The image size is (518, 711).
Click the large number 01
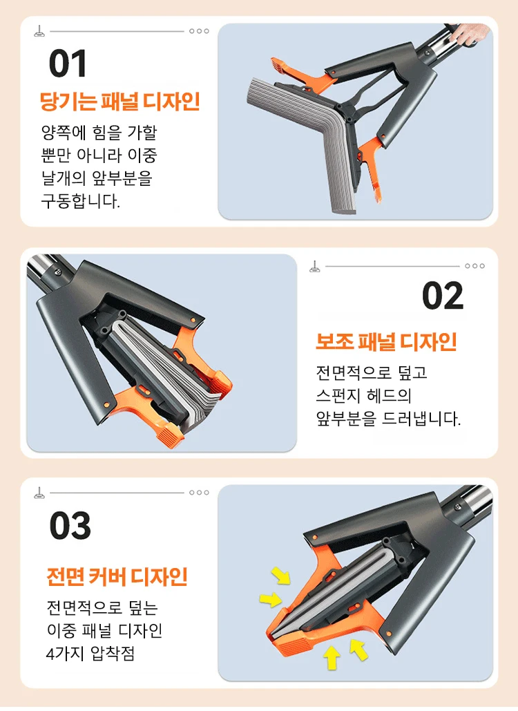click(x=68, y=64)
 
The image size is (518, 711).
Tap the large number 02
click(x=443, y=296)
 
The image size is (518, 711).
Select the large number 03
click(x=70, y=526)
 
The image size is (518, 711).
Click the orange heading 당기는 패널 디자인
click(x=120, y=101)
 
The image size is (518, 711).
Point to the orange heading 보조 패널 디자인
click(x=386, y=341)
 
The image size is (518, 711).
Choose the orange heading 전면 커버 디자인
click(x=117, y=576)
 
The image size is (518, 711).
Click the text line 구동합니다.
click(x=81, y=200)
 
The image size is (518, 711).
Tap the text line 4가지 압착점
click(x=90, y=654)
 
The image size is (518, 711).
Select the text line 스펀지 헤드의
click(x=363, y=395)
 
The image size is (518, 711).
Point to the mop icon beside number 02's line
click(x=314, y=267)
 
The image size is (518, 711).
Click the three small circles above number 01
click(x=199, y=31)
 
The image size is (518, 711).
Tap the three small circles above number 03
click(x=199, y=493)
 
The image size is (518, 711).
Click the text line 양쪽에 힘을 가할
click(x=99, y=133)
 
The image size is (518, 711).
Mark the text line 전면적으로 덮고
click(x=372, y=372)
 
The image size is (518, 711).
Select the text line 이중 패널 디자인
click(x=105, y=630)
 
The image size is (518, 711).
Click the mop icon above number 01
click(x=39, y=31)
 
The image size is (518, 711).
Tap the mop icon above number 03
click(x=39, y=493)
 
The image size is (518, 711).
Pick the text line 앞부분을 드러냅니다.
click(x=388, y=419)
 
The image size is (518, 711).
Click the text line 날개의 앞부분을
click(x=97, y=178)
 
